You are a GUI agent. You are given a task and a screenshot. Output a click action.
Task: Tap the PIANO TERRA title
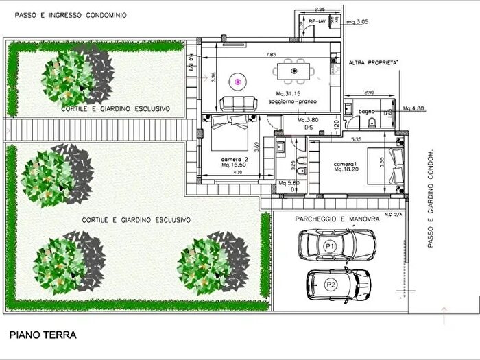pyautogui.click(x=43, y=335)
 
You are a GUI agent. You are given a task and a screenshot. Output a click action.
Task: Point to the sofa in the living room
pyautogui.click(x=237, y=104)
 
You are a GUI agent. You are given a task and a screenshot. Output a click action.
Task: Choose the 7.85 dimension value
pyautogui.click(x=272, y=53)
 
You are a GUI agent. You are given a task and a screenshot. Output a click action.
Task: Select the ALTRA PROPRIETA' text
pyautogui.click(x=374, y=62)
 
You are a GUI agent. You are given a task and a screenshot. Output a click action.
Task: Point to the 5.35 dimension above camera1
pyautogui.click(x=356, y=139)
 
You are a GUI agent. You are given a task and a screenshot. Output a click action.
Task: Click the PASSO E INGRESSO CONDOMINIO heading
pyautogui.click(x=65, y=14)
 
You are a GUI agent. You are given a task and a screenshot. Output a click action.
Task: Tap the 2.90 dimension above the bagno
pyautogui.click(x=369, y=92)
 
